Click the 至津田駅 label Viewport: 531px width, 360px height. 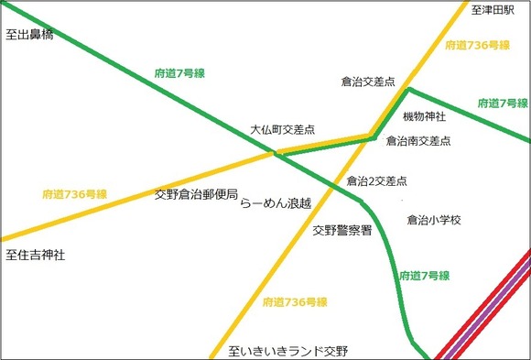[494, 11]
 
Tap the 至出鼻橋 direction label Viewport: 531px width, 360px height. [29, 37]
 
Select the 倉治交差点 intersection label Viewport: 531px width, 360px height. [367, 82]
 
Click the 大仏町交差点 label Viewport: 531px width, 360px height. [283, 130]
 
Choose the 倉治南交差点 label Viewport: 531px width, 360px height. [418, 141]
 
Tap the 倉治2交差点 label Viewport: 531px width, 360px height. [376, 181]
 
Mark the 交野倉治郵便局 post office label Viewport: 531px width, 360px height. [196, 195]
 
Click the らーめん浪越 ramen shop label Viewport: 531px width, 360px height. [276, 203]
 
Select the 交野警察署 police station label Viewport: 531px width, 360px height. [341, 231]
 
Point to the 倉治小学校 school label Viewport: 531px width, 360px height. [433, 221]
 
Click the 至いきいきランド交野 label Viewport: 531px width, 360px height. [288, 351]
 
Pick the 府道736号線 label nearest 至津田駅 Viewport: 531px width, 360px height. [477, 44]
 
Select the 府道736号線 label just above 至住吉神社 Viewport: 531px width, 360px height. [75, 194]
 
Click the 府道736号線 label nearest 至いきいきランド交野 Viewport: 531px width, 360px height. [295, 302]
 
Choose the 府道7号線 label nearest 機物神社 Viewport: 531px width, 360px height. [503, 104]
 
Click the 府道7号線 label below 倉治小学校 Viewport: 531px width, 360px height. [424, 275]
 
